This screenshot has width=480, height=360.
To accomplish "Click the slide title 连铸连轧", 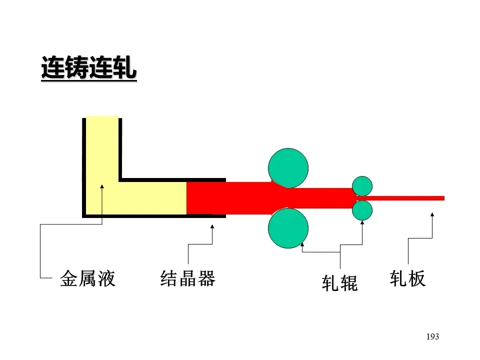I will click(x=88, y=68).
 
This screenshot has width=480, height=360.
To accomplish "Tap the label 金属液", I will click(x=87, y=278).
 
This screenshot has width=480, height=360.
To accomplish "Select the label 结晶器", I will click(x=187, y=278).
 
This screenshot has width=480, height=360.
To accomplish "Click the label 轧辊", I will click(x=340, y=283).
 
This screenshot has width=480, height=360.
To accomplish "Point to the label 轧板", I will click(x=407, y=278).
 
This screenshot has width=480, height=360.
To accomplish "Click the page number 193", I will click(x=432, y=336).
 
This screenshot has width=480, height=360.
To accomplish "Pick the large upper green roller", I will click(x=288, y=167).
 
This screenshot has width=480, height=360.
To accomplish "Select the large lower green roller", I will click(x=288, y=228).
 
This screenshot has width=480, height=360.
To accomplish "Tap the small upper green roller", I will click(x=362, y=186).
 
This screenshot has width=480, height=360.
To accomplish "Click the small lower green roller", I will click(x=362, y=210).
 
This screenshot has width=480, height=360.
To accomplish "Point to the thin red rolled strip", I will click(x=410, y=198).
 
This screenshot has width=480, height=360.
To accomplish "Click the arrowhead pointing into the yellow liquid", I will click(x=102, y=187).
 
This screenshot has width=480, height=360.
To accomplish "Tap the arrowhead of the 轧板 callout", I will click(x=432, y=215).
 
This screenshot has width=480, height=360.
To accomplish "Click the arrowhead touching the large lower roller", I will click(x=302, y=245).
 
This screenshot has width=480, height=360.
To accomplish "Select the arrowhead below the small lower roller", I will click(x=362, y=223).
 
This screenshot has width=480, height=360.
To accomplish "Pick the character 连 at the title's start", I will click(x=52, y=68).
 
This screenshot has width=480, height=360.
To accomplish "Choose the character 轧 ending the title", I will click(x=125, y=68).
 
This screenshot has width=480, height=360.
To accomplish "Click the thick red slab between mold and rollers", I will click(x=230, y=198).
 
